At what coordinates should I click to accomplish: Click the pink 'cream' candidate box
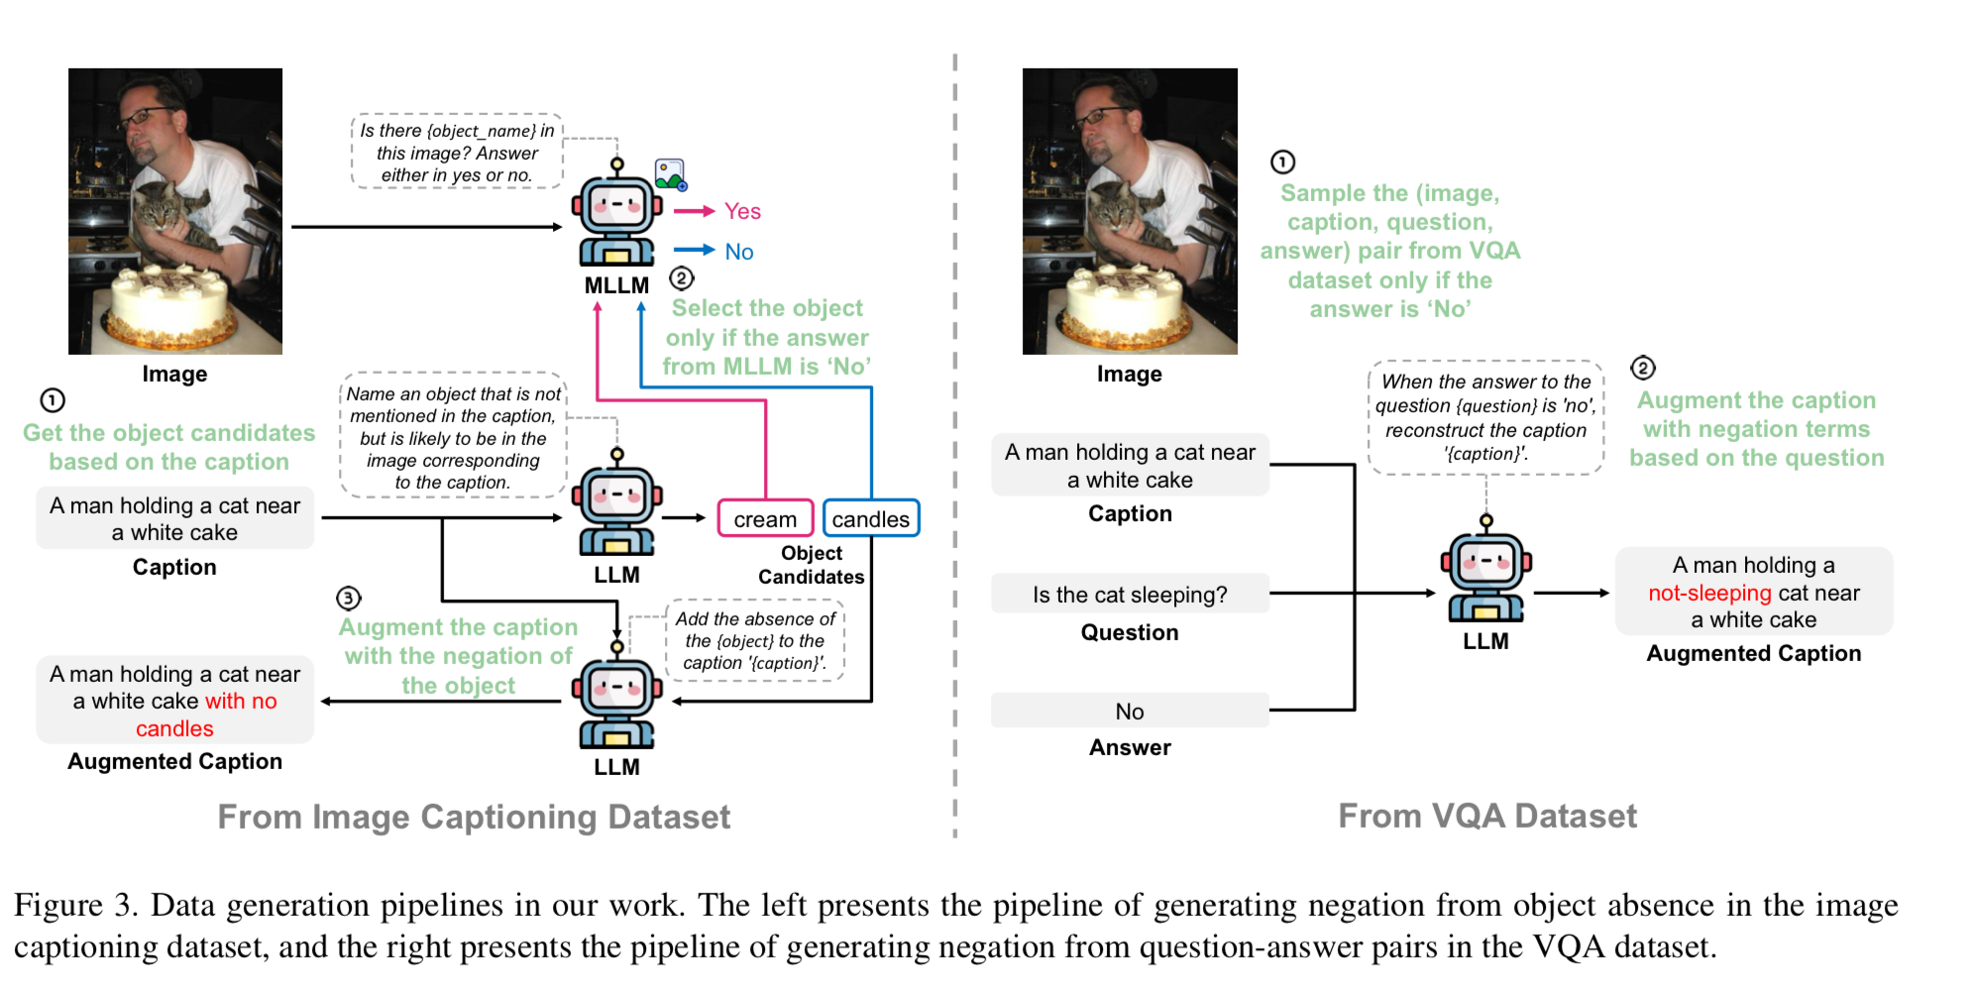tap(765, 518)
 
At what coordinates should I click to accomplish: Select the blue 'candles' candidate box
tap(870, 518)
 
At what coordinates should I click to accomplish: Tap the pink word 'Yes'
tap(742, 211)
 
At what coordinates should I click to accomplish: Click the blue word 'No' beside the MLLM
tap(739, 252)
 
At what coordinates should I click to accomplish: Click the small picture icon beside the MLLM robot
tap(670, 174)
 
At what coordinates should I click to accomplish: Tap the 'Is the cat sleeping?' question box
tap(1130, 595)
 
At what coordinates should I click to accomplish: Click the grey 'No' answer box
tap(1130, 711)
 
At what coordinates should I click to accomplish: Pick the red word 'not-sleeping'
tap(1709, 593)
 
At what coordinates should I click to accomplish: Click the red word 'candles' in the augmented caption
tap(174, 728)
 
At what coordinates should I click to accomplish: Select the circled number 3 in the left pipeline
tap(348, 598)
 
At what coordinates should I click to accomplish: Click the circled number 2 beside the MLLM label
tap(682, 278)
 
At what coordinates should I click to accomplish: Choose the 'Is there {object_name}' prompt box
tap(457, 153)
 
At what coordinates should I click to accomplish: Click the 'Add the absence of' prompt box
tap(755, 640)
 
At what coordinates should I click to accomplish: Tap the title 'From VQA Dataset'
tap(1486, 816)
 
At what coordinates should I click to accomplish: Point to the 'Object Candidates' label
tap(811, 565)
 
